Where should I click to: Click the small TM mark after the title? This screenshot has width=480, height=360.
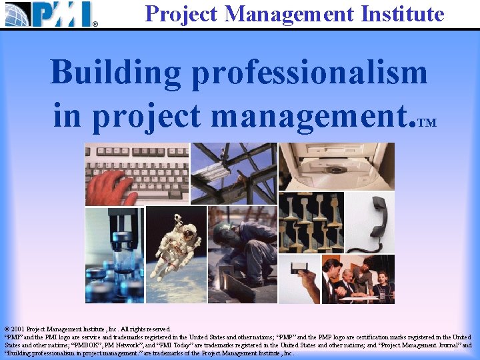click(x=428, y=123)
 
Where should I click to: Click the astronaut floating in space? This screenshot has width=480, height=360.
click(x=177, y=247)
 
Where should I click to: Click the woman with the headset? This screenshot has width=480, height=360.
click(x=383, y=280)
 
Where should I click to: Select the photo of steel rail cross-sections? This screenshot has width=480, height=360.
click(x=309, y=223)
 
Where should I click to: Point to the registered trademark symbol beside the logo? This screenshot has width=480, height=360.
click(x=95, y=25)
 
